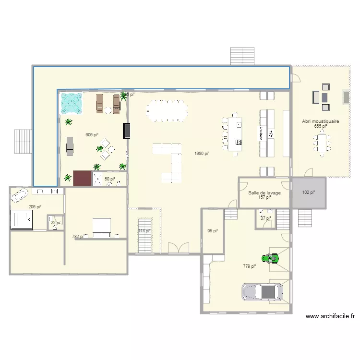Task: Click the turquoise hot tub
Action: coord(71,104)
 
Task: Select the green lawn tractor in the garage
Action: coord(273,259)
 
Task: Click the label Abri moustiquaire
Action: coord(321,121)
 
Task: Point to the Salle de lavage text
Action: coord(264,193)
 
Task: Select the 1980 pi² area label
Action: coord(202,154)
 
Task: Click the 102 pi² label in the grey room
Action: coord(309,192)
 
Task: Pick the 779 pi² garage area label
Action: coord(249,266)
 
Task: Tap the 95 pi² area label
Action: coord(213,231)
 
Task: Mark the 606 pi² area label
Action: coord(92,135)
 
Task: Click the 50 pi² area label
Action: coord(110,179)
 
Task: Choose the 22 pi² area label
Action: coord(56,223)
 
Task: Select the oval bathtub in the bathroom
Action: coord(20,195)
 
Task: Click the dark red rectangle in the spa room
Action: coord(82,178)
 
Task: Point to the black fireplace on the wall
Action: coord(127,131)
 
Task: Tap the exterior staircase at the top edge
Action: coord(242,56)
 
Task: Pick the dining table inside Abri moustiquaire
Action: coord(322,143)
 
